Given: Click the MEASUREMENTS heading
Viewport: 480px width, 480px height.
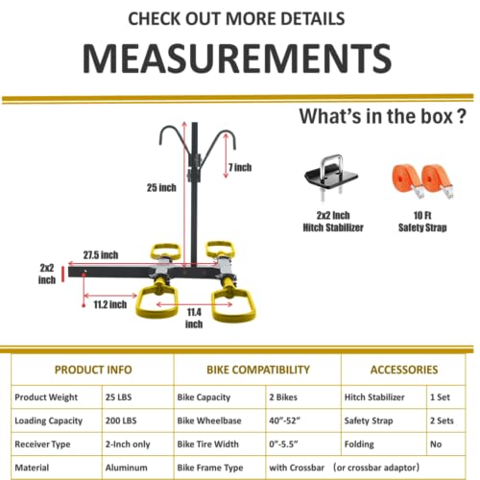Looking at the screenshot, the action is click(x=237, y=59).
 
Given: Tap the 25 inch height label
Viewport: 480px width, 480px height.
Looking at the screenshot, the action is click(x=161, y=187).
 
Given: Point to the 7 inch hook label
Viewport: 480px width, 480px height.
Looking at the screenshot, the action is click(x=240, y=167).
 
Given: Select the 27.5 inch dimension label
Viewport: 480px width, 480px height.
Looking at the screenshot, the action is click(x=101, y=255).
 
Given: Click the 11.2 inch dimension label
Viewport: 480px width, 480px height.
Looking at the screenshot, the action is click(x=110, y=304).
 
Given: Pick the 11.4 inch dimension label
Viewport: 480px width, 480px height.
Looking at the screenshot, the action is click(x=194, y=318).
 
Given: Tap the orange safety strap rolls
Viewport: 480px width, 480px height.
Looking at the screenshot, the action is click(x=423, y=180).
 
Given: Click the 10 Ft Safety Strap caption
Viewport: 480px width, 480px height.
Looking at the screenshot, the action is click(x=422, y=222).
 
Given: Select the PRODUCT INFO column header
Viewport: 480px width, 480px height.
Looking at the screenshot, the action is click(x=93, y=370).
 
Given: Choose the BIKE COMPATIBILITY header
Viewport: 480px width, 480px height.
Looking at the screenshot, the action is click(x=258, y=370).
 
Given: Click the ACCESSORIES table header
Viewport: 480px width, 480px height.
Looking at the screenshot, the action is click(x=404, y=370).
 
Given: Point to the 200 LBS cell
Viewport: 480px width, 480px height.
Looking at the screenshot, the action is click(x=121, y=420).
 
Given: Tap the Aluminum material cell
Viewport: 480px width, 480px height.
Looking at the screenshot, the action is click(x=127, y=468).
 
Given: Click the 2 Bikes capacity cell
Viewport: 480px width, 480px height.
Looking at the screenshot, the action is click(x=283, y=397).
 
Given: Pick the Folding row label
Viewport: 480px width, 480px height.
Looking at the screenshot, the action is click(x=359, y=444).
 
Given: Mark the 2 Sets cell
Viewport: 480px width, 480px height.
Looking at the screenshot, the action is click(x=442, y=420).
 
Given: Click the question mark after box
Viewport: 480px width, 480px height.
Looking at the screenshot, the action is click(x=461, y=116).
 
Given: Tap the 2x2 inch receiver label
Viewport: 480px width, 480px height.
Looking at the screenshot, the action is click(x=47, y=274).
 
